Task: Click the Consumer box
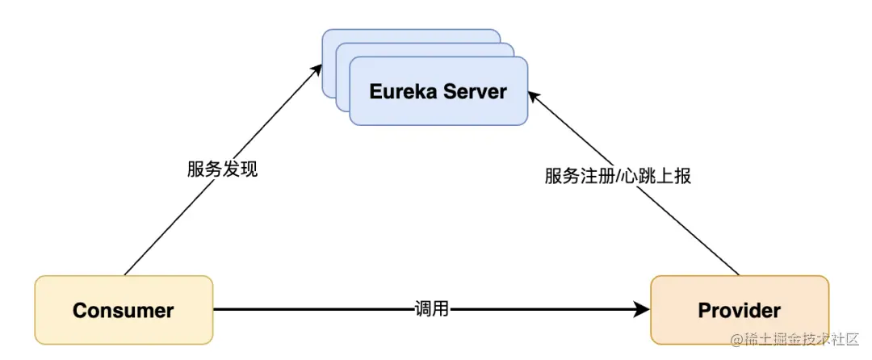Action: (x=124, y=310)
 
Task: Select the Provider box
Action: (x=740, y=310)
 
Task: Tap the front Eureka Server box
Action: (x=438, y=91)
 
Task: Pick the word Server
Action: (x=476, y=91)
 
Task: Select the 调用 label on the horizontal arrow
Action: (x=431, y=309)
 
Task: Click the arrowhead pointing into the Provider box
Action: (x=643, y=309)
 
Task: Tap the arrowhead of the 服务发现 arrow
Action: (x=317, y=72)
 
